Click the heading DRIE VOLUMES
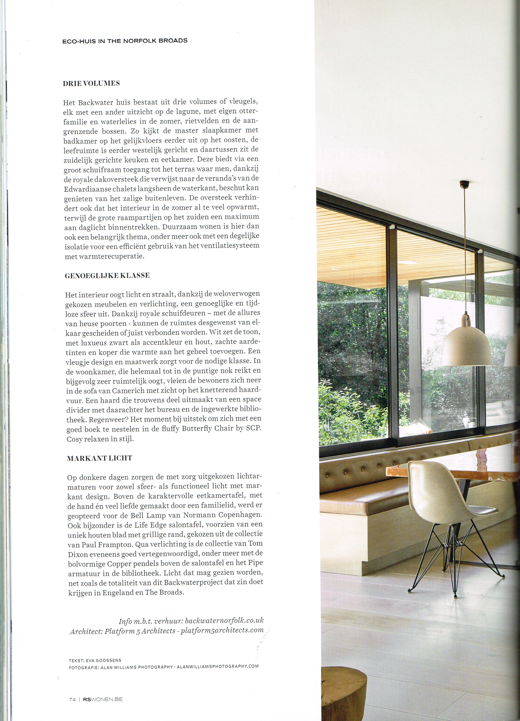click(x=91, y=84)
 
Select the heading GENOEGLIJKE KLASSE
click(x=107, y=276)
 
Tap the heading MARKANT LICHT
click(x=99, y=458)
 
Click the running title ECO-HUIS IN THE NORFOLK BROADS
click(x=125, y=41)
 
